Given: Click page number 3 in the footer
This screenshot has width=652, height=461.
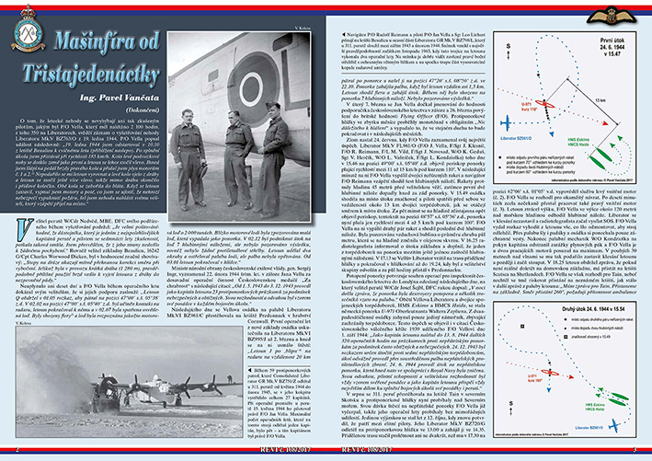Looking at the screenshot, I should [x=630, y=447].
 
